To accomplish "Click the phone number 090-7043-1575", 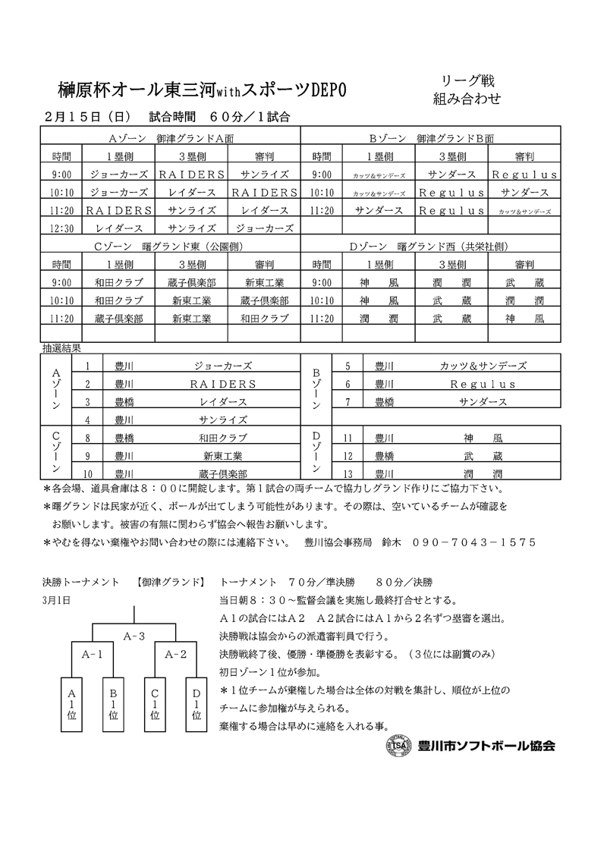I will point(473,542).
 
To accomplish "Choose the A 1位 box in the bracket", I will point(72,704).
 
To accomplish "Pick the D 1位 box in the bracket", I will point(197,704).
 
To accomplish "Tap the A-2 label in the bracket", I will point(175,653).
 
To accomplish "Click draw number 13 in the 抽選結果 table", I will point(348,473).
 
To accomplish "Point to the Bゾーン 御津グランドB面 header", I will point(431,139).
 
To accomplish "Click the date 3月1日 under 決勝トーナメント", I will point(57,599).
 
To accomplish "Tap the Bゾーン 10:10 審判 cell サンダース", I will point(524,193).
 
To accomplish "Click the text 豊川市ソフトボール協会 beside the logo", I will point(486,745).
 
